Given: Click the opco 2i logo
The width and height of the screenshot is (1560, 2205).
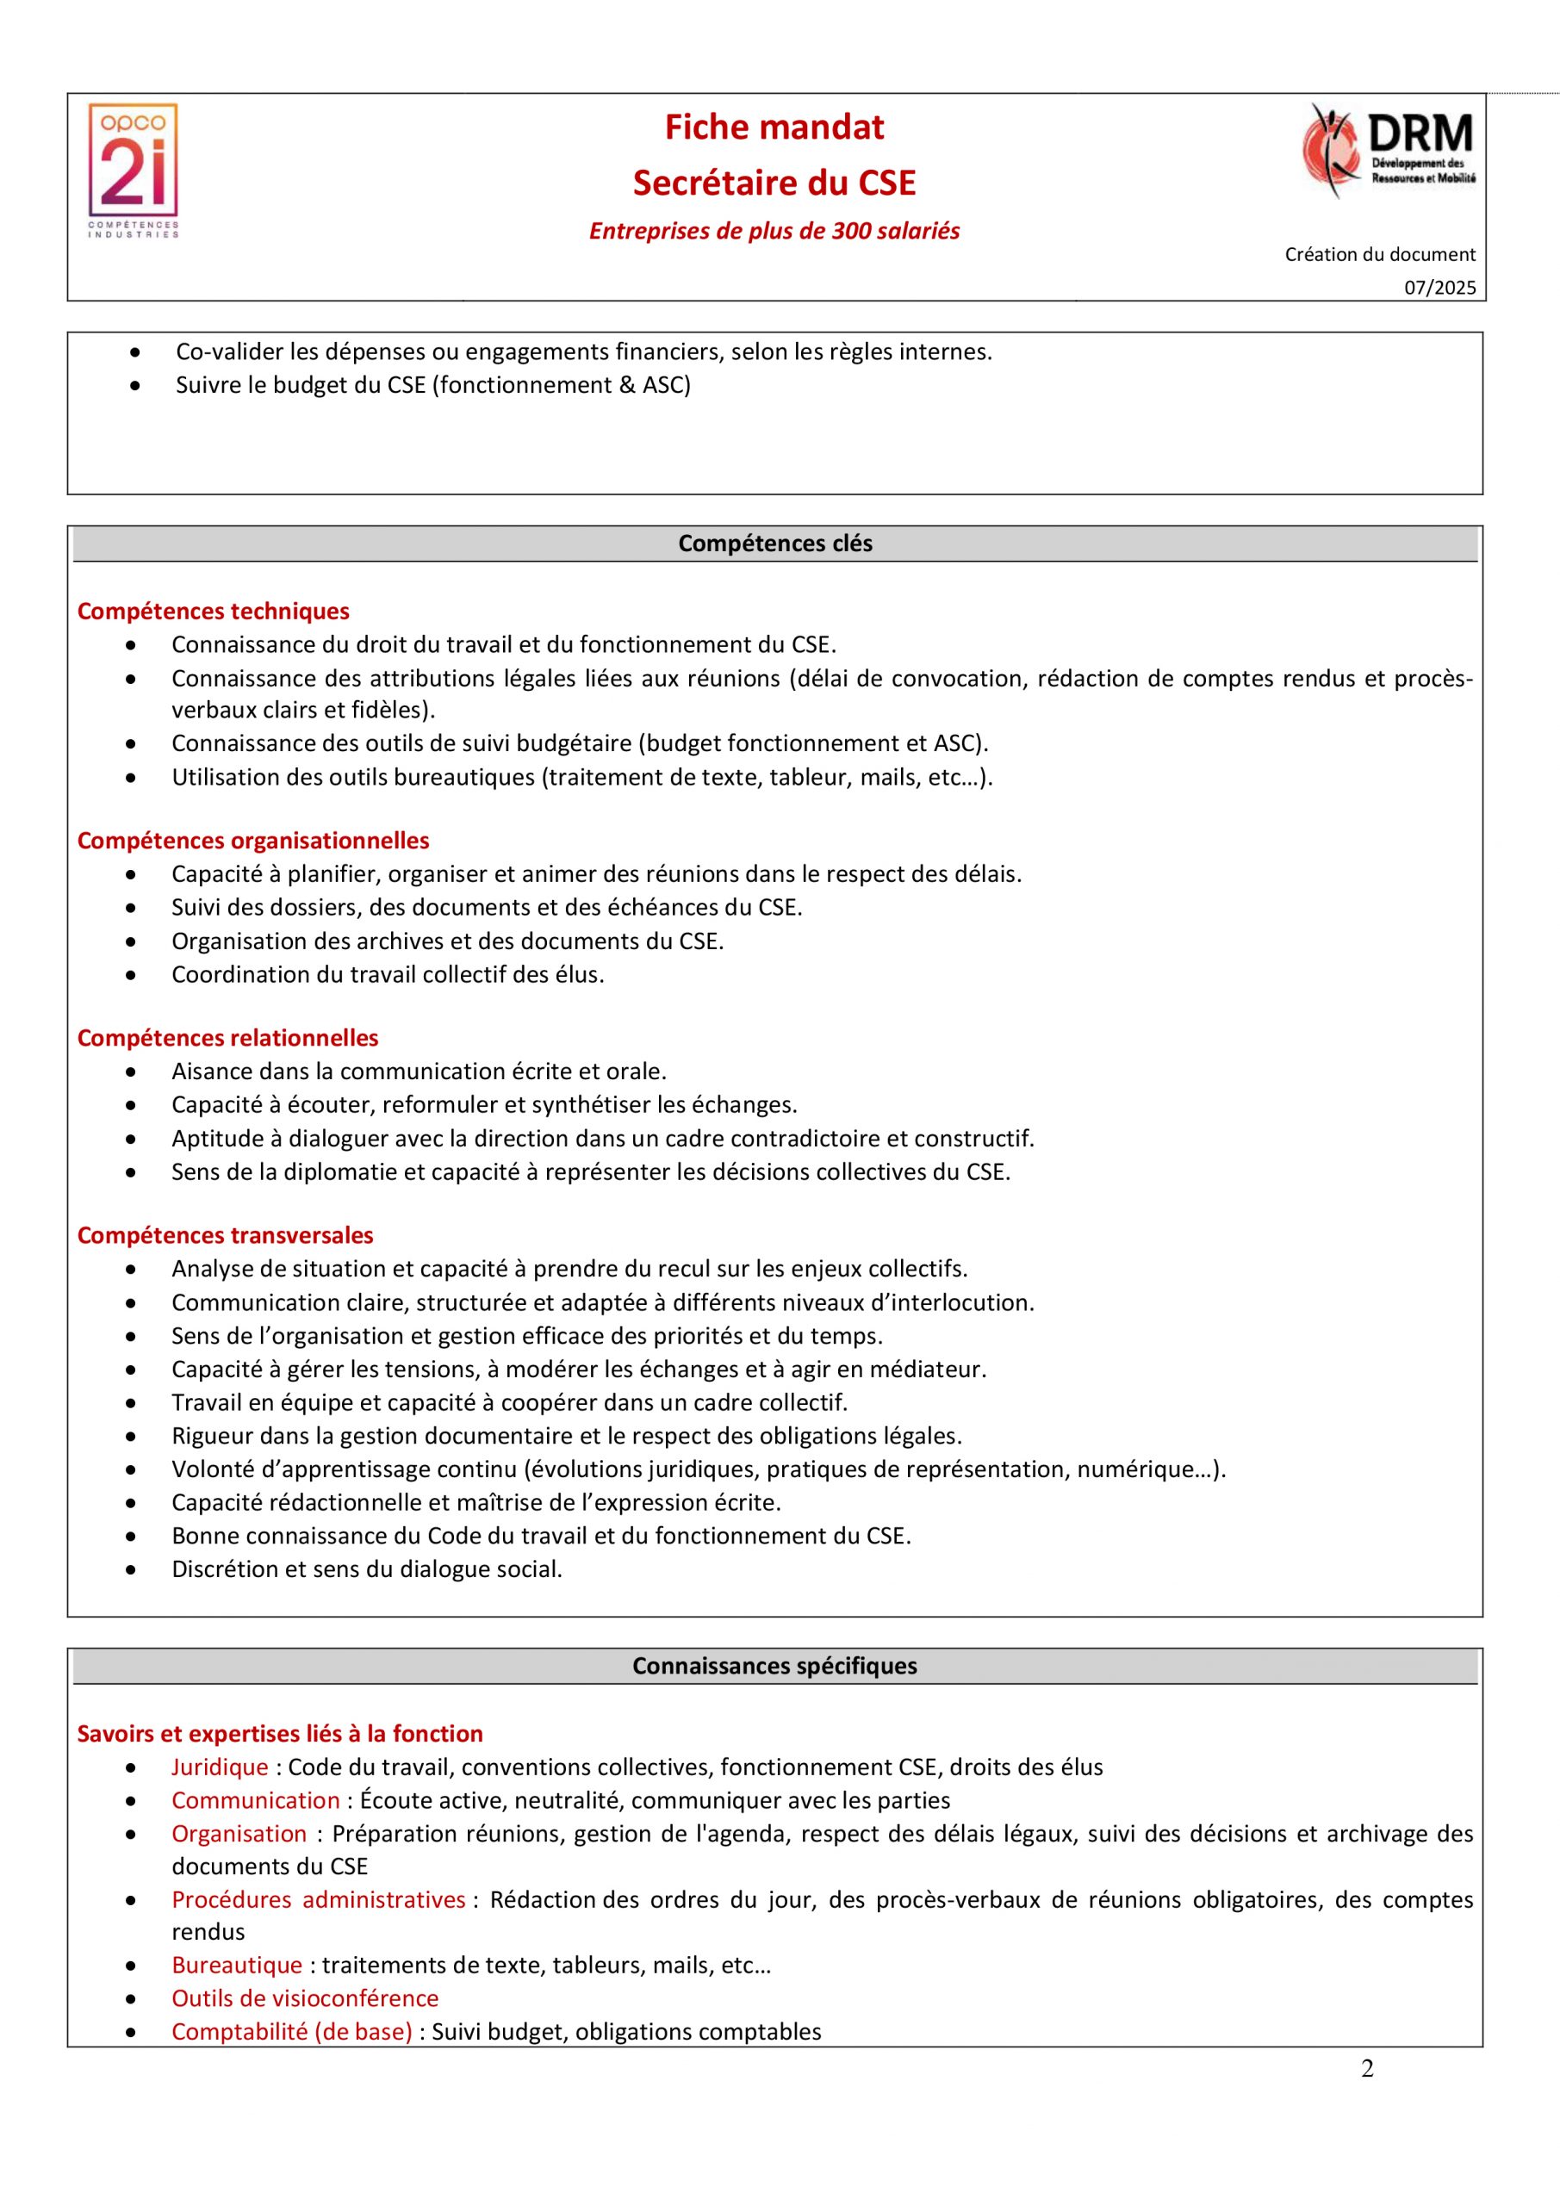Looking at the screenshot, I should coord(134,170).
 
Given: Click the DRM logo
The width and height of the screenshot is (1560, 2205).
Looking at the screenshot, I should coord(1389,151).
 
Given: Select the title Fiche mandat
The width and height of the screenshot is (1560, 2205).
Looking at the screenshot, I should coord(774,127).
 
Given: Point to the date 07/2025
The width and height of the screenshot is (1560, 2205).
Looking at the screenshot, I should coord(1439,288).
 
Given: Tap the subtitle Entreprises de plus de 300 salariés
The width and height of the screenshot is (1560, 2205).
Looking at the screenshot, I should coord(774,232).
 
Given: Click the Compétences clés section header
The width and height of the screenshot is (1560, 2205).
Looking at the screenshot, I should coord(775,543).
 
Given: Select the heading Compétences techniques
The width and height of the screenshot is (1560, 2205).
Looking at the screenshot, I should coord(214,612).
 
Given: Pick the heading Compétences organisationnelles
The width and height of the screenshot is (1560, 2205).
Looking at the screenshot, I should coord(252,841).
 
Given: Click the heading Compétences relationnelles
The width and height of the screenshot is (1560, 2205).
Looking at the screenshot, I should coord(227,1038).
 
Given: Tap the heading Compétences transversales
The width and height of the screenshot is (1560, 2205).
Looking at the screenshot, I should coord(225,1235).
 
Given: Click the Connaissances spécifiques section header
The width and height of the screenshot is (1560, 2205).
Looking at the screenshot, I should coord(774,1665).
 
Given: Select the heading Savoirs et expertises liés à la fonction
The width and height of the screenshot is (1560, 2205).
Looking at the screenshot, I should coord(280,1734).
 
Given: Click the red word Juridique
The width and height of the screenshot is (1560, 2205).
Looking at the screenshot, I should coord(220,1767).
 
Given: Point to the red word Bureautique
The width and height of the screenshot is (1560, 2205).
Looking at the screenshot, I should coord(236,1965).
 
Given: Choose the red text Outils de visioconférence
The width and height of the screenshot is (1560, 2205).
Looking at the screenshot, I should coord(305,1998).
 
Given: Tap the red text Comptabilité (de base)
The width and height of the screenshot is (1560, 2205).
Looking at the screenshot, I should coord(292,2032).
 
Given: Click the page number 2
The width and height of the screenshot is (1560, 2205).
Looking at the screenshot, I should coord(1367,2069).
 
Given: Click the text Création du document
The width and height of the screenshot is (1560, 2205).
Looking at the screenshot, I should coord(1379,254).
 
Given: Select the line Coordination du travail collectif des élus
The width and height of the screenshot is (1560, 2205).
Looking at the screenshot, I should coord(388,975).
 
